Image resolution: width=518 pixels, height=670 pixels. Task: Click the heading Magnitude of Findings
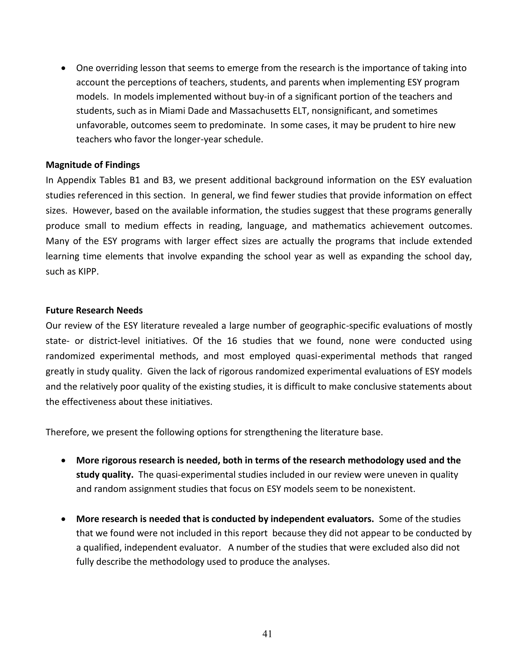[x=93, y=165]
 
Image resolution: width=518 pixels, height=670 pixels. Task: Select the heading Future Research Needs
[x=94, y=310]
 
